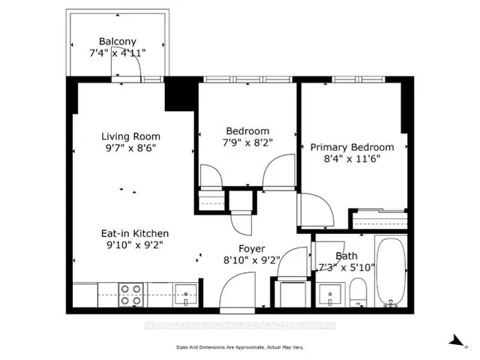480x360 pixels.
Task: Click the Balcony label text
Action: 117,41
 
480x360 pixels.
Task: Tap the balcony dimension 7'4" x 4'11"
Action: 117,53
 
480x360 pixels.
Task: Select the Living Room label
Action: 131,136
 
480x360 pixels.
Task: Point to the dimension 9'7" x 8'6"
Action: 131,148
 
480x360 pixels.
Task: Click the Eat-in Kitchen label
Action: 135,233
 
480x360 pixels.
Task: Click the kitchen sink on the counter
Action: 183,292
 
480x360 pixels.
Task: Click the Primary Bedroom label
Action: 352,147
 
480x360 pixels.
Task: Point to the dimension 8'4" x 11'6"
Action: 352,160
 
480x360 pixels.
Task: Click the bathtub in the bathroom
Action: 390,273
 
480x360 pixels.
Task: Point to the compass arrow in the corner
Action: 457,341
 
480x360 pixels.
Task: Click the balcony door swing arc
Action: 127,66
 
